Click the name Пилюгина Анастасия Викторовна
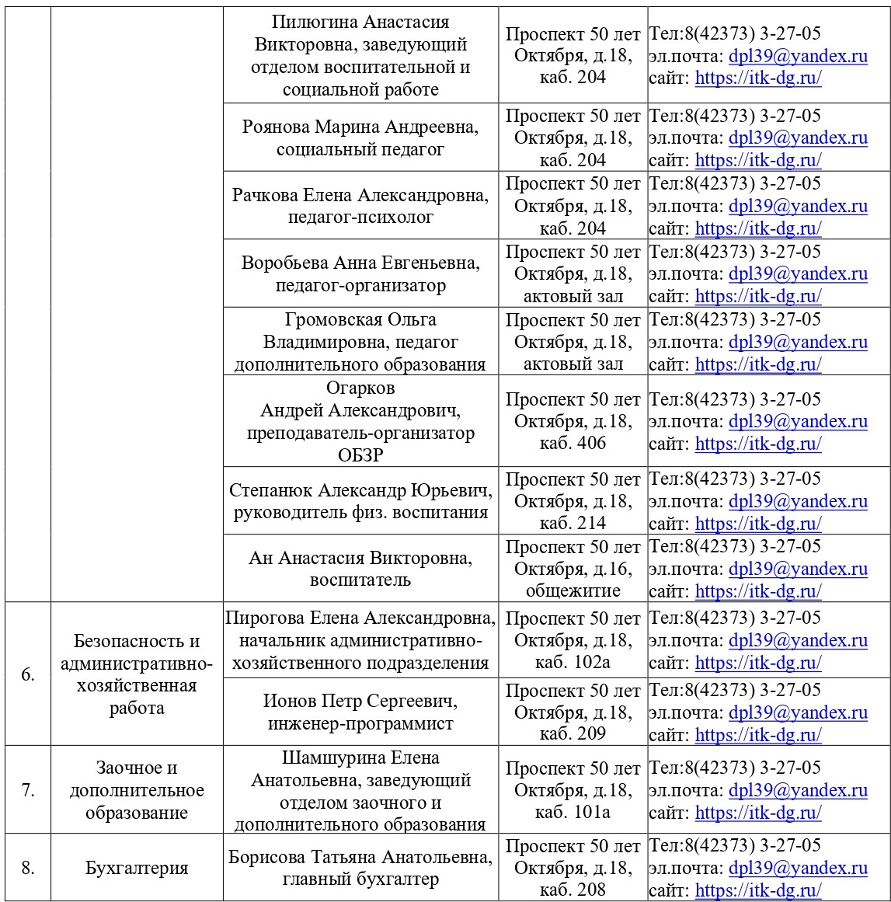click(360, 33)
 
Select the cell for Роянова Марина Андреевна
click(360, 138)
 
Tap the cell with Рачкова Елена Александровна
click(360, 205)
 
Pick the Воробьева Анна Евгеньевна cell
click(360, 273)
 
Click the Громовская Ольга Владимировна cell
click(360, 341)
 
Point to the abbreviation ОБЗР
click(360, 455)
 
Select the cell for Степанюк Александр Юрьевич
click(360, 500)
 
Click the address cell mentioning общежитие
click(573, 568)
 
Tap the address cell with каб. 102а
click(573, 640)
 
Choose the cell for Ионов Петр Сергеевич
click(360, 712)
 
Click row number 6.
click(28, 674)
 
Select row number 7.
click(28, 790)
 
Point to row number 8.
click(28, 868)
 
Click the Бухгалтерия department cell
click(137, 868)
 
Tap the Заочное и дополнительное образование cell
click(137, 790)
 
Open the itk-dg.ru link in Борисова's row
click(757, 890)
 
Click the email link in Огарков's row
click(798, 421)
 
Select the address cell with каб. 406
click(573, 421)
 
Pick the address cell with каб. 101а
click(573, 790)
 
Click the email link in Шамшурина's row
click(798, 790)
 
